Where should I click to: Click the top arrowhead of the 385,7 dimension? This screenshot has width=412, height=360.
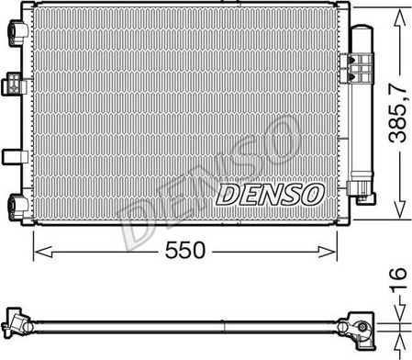(397, 12)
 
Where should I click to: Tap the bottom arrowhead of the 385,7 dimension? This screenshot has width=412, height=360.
(397, 215)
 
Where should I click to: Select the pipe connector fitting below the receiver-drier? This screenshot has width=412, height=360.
(364, 195)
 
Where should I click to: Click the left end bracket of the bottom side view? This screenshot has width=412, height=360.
(17, 320)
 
